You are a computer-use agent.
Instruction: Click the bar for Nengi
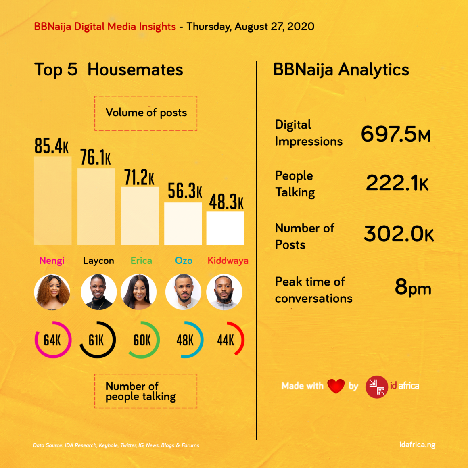pyautogui.click(x=53, y=201)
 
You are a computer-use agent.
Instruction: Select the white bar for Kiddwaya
pyautogui.click(x=225, y=228)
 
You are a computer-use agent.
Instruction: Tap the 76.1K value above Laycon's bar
pyautogui.click(x=95, y=157)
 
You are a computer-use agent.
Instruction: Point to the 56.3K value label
pyautogui.click(x=185, y=191)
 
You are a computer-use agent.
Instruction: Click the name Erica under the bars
pyautogui.click(x=141, y=261)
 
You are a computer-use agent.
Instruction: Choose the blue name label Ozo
pyautogui.click(x=184, y=261)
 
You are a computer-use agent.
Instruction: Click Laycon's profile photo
pyautogui.click(x=98, y=292)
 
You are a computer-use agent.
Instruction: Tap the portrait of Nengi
pyautogui.click(x=52, y=292)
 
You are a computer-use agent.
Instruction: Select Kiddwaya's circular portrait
pyautogui.click(x=224, y=292)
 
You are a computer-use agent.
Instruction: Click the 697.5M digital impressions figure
pyautogui.click(x=396, y=134)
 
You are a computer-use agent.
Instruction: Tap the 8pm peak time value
pyautogui.click(x=413, y=288)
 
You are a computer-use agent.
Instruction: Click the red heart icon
pyautogui.click(x=336, y=386)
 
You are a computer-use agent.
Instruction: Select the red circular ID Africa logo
pyautogui.click(x=376, y=387)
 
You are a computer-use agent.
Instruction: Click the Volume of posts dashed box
pyautogui.click(x=146, y=113)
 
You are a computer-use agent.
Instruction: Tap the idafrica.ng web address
pyautogui.click(x=417, y=445)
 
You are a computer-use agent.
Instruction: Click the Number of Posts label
pyautogui.click(x=305, y=236)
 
